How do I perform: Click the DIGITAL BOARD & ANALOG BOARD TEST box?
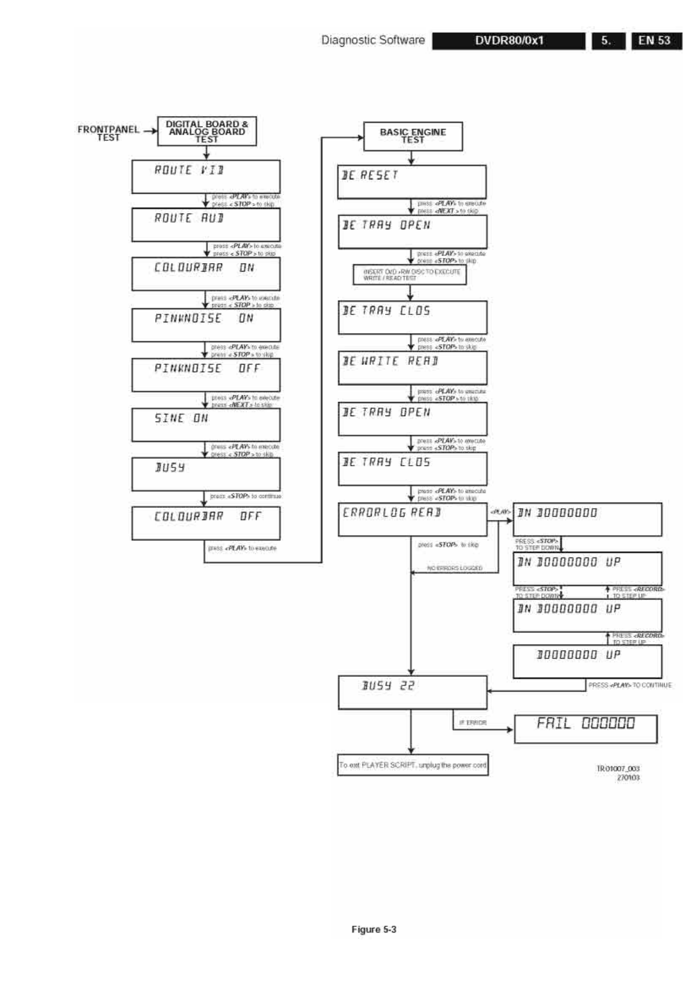tap(207, 132)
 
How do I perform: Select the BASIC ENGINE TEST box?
tap(412, 136)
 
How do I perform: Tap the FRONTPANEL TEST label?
tap(108, 133)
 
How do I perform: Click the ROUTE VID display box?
tap(206, 177)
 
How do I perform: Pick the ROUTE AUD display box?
tap(206, 224)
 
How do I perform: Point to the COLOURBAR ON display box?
tap(206, 274)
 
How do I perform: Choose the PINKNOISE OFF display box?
tap(206, 375)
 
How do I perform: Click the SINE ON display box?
tap(206, 425)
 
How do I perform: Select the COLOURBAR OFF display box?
tap(206, 523)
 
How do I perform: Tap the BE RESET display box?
tap(411, 182)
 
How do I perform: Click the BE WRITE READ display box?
tap(412, 368)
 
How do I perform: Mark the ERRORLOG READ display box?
tap(412, 519)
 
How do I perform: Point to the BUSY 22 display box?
tap(412, 692)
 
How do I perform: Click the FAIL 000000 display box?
tap(585, 729)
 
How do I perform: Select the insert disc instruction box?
tap(409, 275)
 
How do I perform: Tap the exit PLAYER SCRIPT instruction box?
tap(412, 765)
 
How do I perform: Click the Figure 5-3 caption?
tap(374, 929)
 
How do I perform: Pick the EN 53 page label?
tap(656, 41)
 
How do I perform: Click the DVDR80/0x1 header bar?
tap(509, 41)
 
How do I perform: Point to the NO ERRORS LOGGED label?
tap(455, 568)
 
